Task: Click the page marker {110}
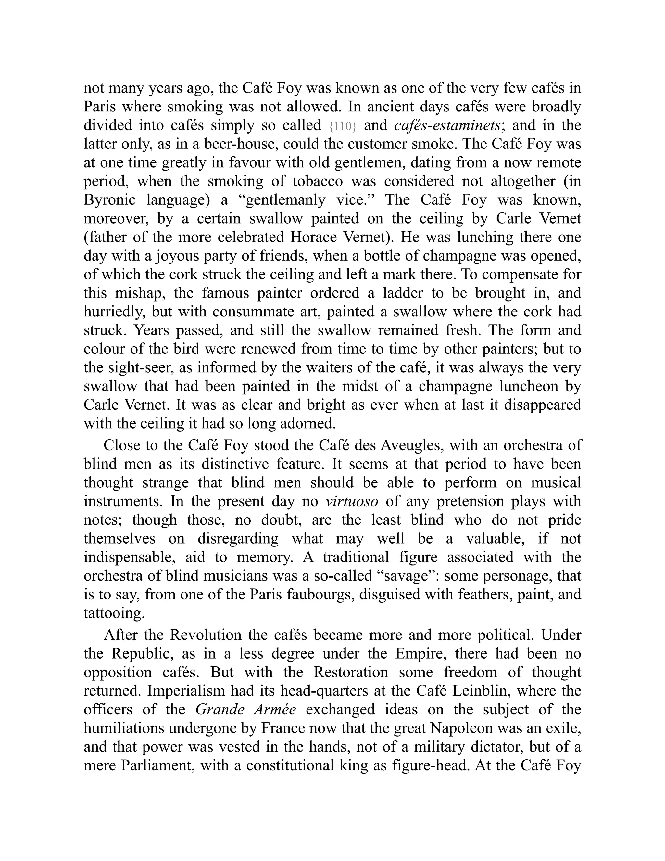[343, 126]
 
